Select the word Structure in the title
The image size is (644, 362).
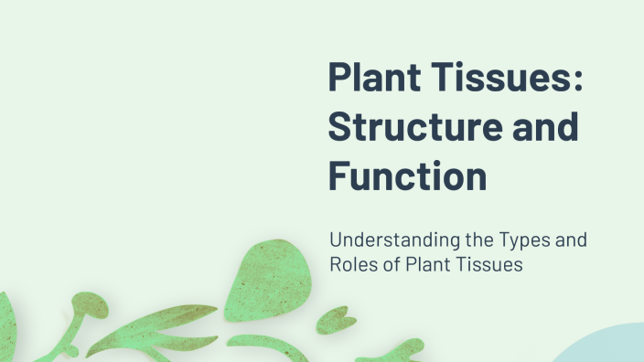coord(420,126)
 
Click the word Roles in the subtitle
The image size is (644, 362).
coord(352,266)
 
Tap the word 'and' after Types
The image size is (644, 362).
coord(570,242)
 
